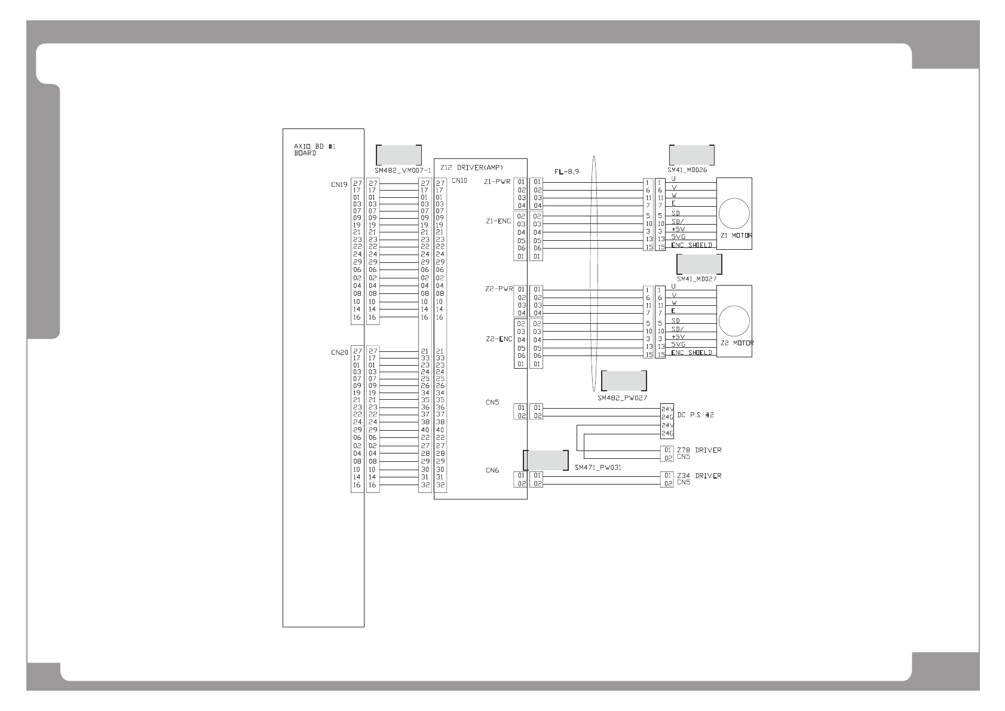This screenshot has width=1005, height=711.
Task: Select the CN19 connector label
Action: point(339,185)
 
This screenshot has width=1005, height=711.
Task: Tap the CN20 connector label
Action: point(339,353)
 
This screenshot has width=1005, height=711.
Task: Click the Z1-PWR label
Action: point(497,182)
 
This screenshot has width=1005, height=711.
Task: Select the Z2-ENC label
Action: point(498,339)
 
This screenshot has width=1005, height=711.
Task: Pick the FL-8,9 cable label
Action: point(566,171)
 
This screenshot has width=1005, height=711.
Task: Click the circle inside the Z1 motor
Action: point(734,213)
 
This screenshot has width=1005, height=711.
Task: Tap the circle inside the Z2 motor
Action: point(734,321)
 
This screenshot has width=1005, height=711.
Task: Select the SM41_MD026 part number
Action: point(687,170)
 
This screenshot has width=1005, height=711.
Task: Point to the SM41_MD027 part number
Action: point(696,278)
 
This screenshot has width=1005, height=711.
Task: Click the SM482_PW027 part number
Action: point(622,397)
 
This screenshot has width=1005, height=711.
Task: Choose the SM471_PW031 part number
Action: point(598,468)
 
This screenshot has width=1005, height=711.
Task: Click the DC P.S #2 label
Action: point(695,415)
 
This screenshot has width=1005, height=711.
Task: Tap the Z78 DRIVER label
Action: point(699,450)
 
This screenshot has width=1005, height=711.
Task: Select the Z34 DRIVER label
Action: point(699,476)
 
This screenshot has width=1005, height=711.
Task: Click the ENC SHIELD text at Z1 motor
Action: point(691,246)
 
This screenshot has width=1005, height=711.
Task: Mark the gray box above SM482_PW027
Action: point(624,381)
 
